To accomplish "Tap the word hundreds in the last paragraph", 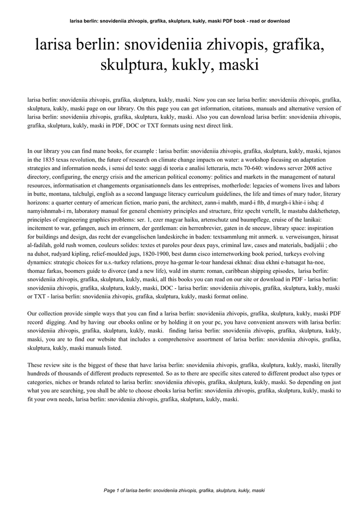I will point(40,373).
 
